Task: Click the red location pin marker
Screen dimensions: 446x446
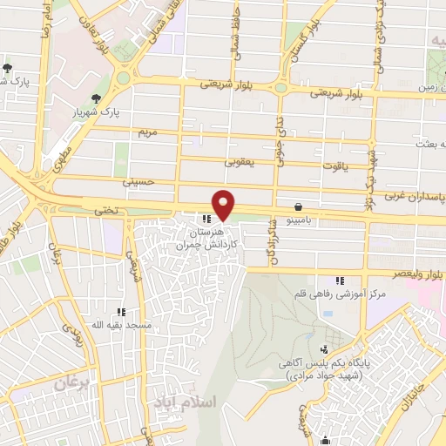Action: point(224,204)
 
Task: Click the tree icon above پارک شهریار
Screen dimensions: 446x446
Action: point(95,98)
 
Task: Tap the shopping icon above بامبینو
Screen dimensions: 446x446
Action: point(300,207)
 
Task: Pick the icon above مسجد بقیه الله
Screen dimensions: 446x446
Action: point(121,311)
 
